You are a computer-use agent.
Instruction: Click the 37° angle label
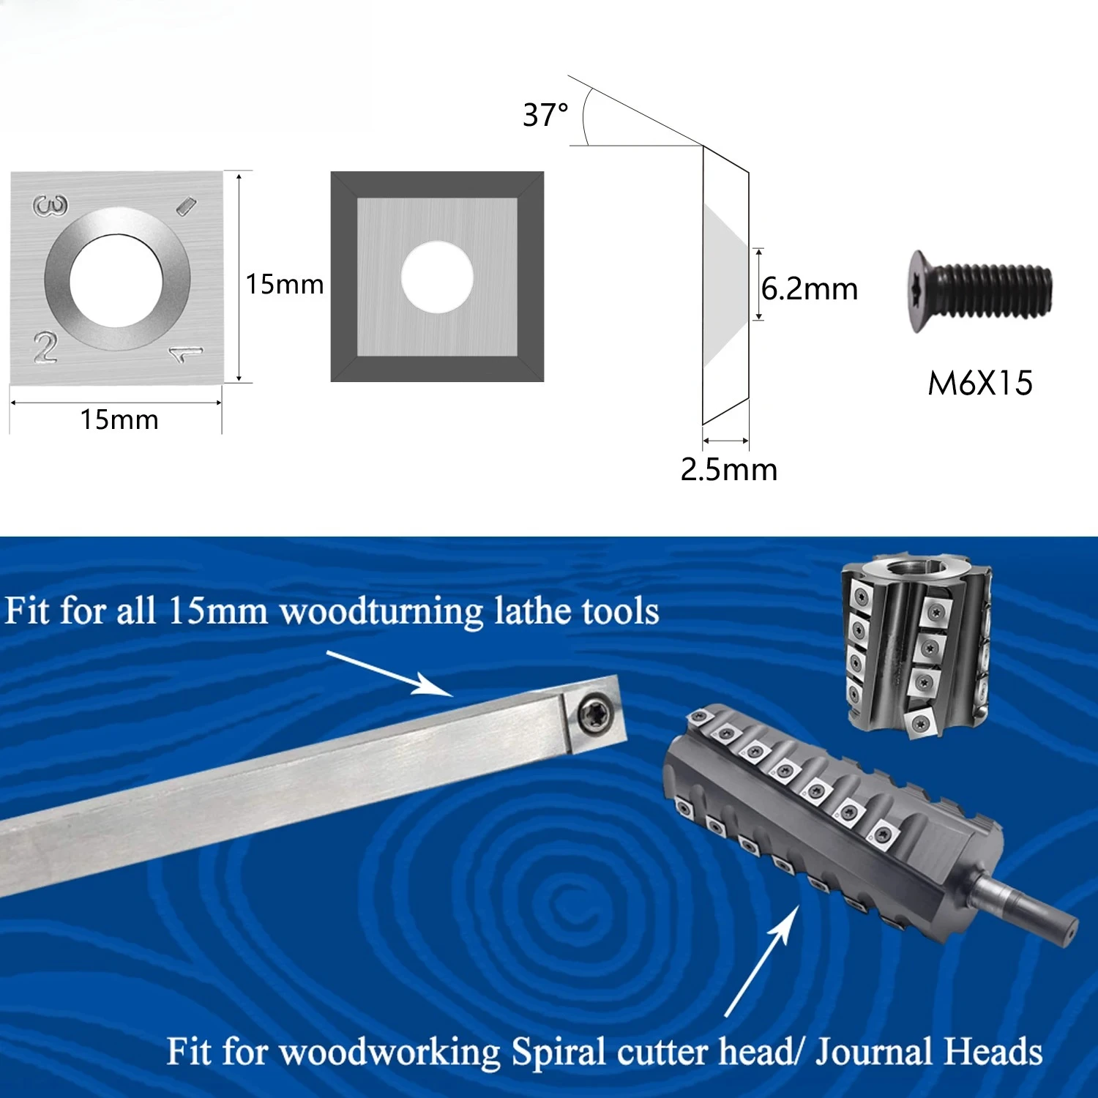pyautogui.click(x=545, y=115)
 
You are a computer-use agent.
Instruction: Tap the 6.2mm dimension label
pyautogui.click(x=810, y=288)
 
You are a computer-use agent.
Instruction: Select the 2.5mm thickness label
pyautogui.click(x=729, y=469)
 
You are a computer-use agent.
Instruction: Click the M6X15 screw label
pyautogui.click(x=980, y=383)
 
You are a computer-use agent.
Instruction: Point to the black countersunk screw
pyautogui.click(x=981, y=291)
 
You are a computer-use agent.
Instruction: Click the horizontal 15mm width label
pyautogui.click(x=119, y=419)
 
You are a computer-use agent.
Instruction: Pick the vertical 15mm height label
pyautogui.click(x=285, y=284)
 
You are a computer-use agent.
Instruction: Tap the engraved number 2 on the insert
pyautogui.click(x=45, y=347)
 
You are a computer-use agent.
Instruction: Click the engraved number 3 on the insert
pyautogui.click(x=50, y=206)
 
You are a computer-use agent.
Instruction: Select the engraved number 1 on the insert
pyautogui.click(x=186, y=355)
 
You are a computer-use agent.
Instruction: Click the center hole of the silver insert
pyautogui.click(x=116, y=280)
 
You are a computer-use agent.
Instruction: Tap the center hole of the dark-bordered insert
pyautogui.click(x=437, y=277)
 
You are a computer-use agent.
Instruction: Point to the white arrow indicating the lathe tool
pyautogui.click(x=389, y=673)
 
